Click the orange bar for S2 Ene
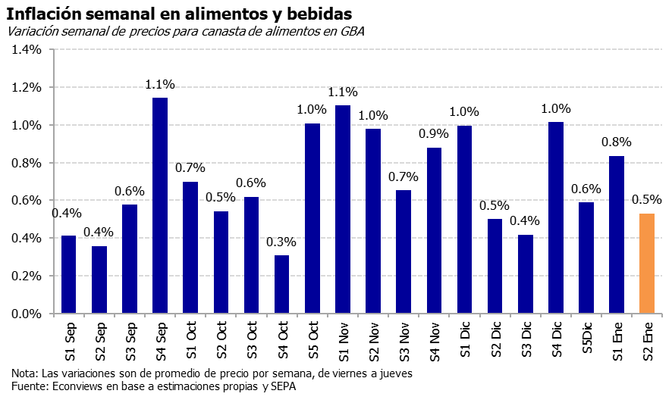pyautogui.click(x=647, y=264)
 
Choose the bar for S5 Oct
pyautogui.click(x=312, y=219)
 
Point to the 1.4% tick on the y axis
pyautogui.click(x=27, y=50)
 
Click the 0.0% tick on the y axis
pyautogui.click(x=27, y=314)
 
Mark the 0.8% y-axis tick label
pyautogui.click(x=27, y=163)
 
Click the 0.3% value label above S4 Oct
pyautogui.click(x=281, y=242)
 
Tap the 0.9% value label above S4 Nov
pyautogui.click(x=434, y=134)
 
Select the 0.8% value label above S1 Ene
pyautogui.click(x=617, y=142)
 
